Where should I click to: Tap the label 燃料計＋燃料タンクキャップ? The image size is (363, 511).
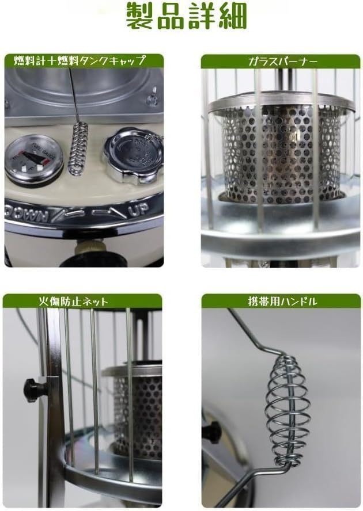click(83, 60)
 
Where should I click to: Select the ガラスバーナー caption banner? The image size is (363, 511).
click(280, 60)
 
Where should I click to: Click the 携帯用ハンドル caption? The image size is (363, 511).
click(280, 300)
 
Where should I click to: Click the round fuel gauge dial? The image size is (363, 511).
click(34, 159)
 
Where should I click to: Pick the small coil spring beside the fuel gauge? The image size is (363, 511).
click(78, 151)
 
